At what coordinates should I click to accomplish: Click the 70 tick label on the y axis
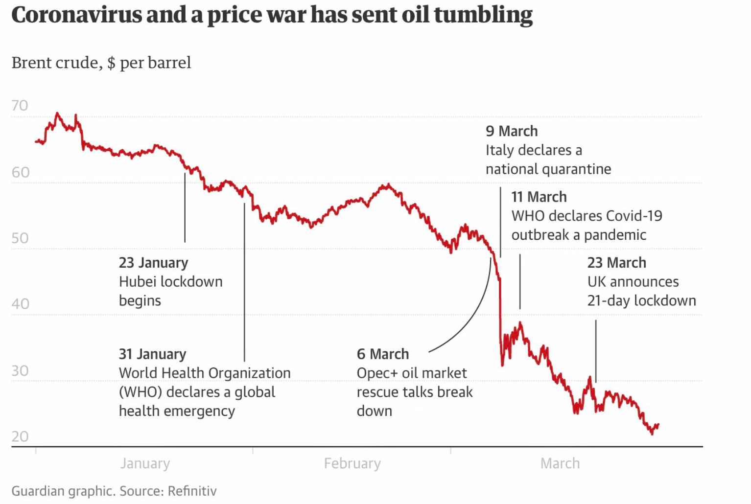point(20,106)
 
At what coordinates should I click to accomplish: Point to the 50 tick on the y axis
point(20,238)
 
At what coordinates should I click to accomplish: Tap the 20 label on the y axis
point(20,436)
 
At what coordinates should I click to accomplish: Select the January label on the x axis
point(145,463)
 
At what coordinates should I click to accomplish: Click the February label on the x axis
point(352,463)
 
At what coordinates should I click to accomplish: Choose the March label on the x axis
point(560,463)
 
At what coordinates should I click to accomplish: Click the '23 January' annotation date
point(153,263)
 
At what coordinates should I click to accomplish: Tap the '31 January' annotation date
point(152,354)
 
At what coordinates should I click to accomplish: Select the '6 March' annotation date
point(383,354)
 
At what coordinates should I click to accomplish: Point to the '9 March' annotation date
point(512,131)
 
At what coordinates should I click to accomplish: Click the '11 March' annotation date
point(539,197)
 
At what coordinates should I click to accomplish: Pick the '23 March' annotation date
point(617,263)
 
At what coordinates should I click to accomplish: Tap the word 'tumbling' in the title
point(483,15)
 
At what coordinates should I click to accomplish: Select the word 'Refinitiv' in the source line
point(192,491)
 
